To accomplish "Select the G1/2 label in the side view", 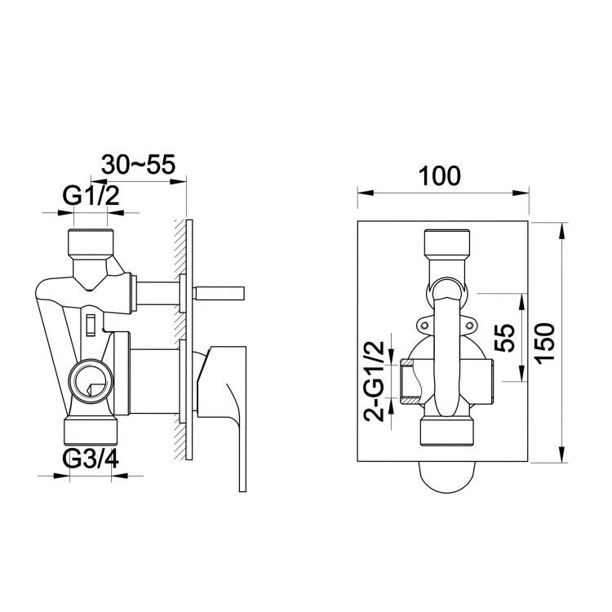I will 91,196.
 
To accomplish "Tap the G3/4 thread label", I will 91,459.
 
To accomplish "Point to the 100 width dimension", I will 440,175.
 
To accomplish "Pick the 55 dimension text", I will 506,338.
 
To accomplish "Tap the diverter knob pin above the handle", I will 218,292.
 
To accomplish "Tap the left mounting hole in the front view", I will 424,326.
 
